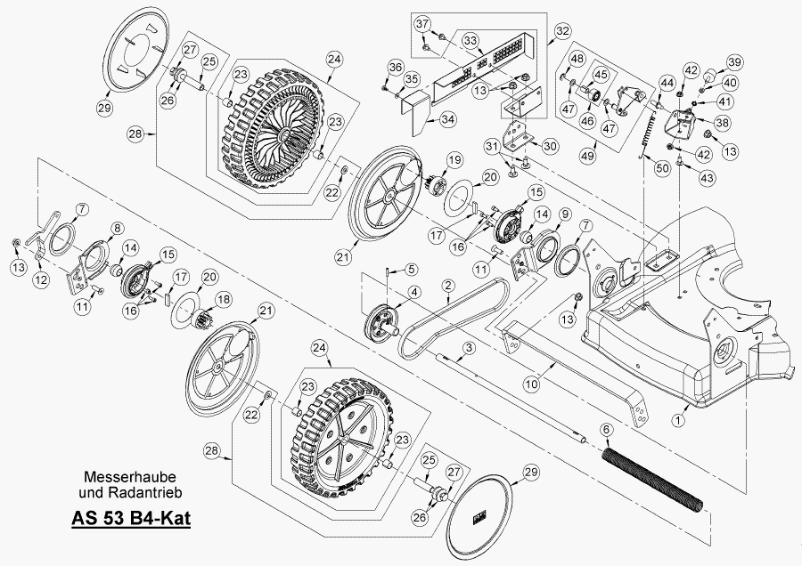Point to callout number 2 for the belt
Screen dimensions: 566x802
click(446, 285)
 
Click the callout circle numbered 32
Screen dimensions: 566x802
click(561, 30)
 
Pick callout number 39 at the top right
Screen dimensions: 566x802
click(733, 61)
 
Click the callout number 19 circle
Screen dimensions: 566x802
click(454, 160)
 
